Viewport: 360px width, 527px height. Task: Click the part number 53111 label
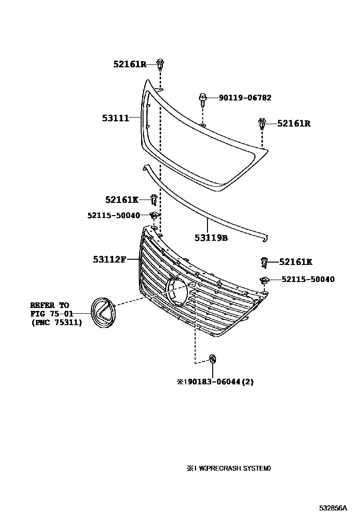tap(116, 118)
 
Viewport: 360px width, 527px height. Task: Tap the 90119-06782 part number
tap(245, 98)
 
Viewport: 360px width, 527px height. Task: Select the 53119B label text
tap(211, 238)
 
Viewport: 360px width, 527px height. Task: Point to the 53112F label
tap(109, 259)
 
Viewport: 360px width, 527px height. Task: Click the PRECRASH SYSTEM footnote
tap(229, 468)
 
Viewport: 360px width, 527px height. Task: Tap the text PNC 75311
tap(56, 323)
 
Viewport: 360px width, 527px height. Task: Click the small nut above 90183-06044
tap(213, 359)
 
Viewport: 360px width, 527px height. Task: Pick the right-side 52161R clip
tap(262, 124)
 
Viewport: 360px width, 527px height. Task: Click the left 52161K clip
tap(154, 200)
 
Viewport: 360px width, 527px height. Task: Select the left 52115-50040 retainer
tap(154, 215)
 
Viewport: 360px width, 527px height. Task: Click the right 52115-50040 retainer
tap(264, 280)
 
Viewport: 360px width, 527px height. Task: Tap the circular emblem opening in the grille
tap(177, 291)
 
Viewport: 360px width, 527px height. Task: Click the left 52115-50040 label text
tap(114, 215)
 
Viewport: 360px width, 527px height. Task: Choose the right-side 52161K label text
tap(296, 262)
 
